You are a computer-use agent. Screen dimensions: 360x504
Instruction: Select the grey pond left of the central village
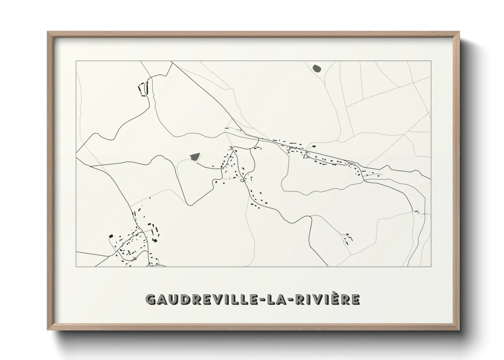(x=194, y=157)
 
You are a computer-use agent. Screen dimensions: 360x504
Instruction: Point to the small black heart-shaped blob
(x=314, y=146)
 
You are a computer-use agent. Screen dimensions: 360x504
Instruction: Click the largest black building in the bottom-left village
(x=110, y=236)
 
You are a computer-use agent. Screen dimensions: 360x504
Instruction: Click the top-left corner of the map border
(x=76, y=61)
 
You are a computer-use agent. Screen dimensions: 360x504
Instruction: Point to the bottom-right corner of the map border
(x=431, y=266)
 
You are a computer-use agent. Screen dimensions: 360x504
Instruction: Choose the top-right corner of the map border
(x=431, y=61)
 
